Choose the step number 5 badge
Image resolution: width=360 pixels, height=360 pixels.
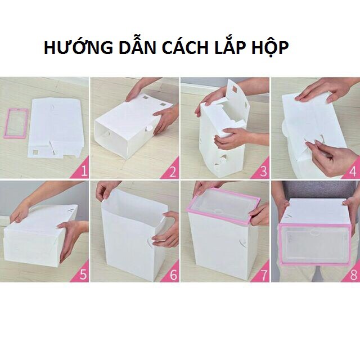tap(83, 275)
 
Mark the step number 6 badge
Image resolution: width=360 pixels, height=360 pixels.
tap(173, 275)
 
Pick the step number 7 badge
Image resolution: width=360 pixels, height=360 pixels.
tap(263, 275)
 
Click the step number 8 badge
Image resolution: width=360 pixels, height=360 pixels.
tap(353, 275)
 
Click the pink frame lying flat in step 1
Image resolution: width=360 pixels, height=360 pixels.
tap(16, 123)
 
